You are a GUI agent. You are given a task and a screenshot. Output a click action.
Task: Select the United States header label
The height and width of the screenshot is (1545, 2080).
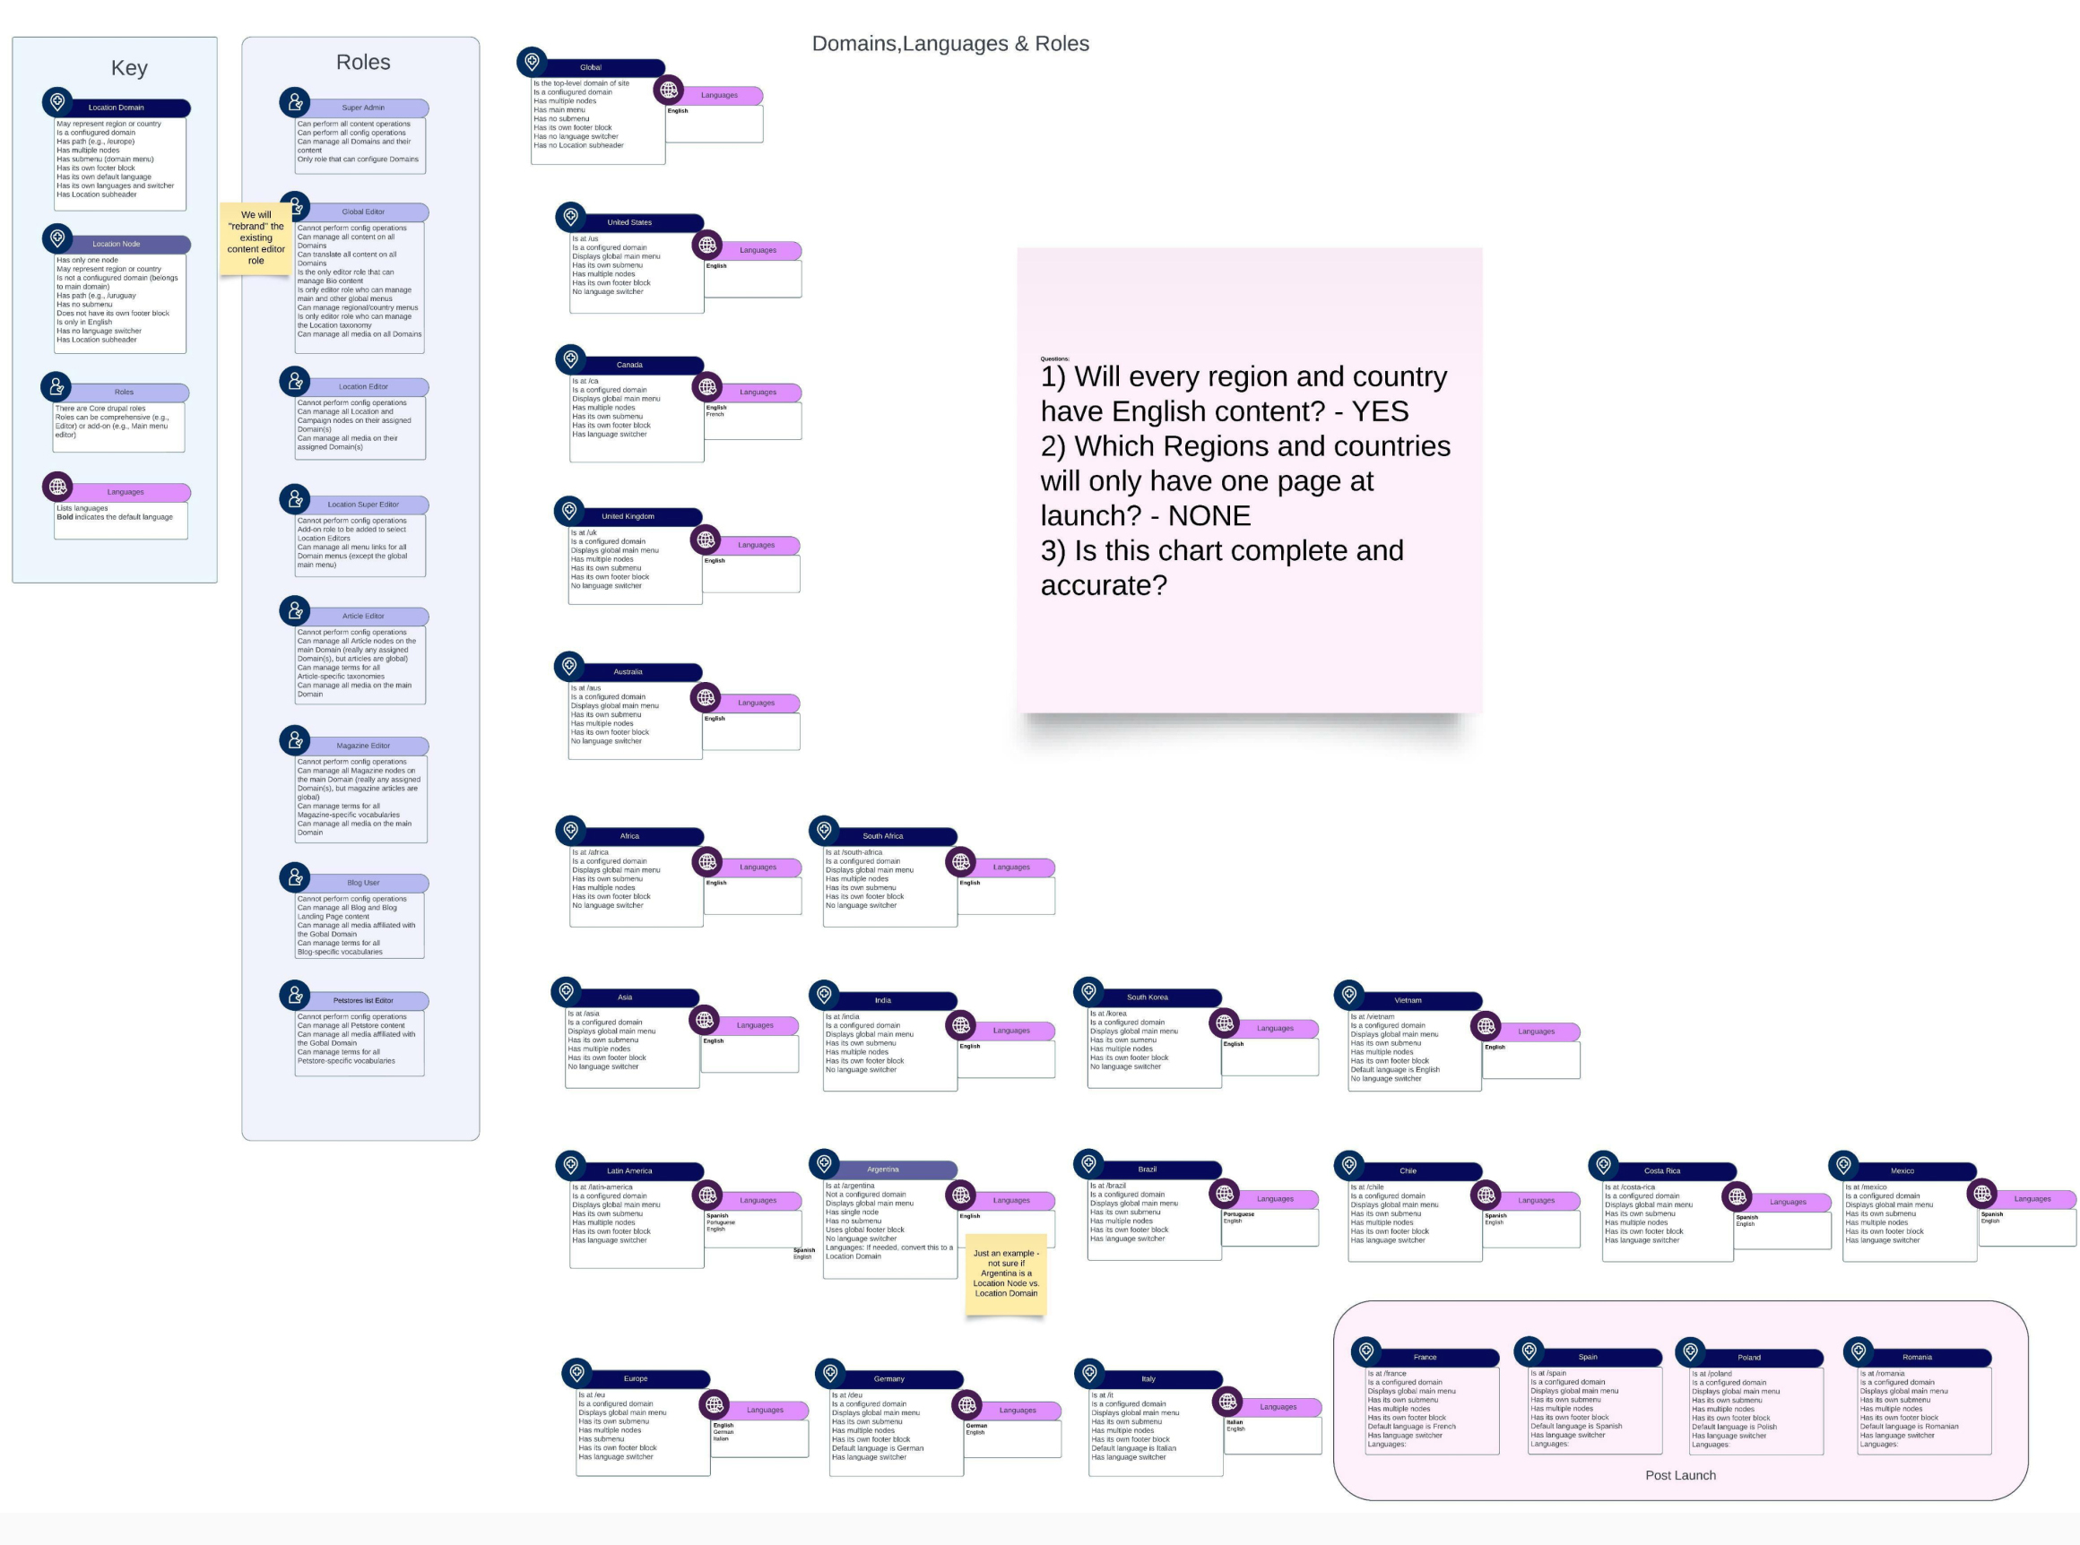(629, 222)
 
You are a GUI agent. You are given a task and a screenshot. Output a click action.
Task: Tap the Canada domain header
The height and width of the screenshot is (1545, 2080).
(629, 365)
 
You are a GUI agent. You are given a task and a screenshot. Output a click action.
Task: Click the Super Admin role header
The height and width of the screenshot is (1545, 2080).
(363, 108)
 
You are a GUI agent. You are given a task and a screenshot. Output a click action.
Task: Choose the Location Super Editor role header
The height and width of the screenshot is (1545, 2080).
(363, 504)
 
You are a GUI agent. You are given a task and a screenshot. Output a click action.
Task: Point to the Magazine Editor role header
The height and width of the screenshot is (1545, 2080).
(363, 746)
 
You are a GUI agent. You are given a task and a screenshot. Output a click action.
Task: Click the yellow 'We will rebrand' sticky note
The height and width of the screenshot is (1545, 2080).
(256, 237)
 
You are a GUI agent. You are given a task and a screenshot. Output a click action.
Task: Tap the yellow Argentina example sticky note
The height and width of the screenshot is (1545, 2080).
(1006, 1273)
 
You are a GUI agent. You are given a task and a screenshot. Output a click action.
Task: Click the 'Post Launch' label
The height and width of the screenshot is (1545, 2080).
(1680, 1475)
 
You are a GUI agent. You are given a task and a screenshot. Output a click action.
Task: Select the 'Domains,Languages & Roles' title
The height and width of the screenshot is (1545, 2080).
(949, 43)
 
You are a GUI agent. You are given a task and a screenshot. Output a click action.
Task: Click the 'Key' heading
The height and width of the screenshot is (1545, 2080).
(129, 67)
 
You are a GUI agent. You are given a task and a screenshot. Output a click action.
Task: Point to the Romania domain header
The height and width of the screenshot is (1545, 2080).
(1917, 1357)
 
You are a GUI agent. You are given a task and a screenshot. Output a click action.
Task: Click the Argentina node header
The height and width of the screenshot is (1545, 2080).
(883, 1169)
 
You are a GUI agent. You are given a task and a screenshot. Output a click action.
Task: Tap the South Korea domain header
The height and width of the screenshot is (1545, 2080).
(1147, 997)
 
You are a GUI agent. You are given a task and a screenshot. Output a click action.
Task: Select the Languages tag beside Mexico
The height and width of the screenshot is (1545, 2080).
(2032, 1198)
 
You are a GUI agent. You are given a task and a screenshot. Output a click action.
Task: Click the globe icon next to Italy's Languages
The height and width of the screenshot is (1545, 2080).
(1227, 1401)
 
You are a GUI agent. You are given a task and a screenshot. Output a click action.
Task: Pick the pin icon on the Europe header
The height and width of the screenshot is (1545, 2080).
(577, 1372)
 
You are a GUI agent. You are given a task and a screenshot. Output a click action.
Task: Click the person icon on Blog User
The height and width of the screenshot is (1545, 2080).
(295, 876)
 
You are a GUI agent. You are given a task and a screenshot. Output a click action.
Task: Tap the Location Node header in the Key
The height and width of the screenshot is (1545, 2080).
(116, 244)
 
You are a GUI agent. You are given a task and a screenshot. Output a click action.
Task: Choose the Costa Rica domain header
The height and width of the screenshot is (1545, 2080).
(1661, 1171)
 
